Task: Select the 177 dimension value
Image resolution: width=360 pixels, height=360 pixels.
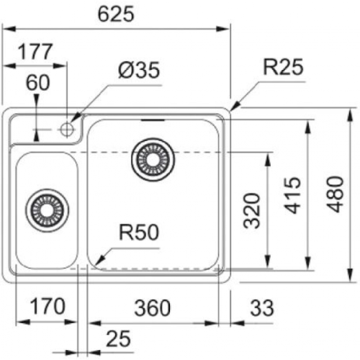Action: pyautogui.click(x=34, y=52)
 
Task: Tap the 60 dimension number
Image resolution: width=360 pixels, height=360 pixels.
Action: pyautogui.click(x=37, y=82)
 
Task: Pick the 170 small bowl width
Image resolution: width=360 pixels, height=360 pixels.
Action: pyautogui.click(x=45, y=307)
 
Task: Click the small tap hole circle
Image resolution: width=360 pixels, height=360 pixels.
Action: pyautogui.click(x=68, y=130)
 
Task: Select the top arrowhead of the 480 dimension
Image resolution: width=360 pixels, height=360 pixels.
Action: pyautogui.click(x=351, y=112)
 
